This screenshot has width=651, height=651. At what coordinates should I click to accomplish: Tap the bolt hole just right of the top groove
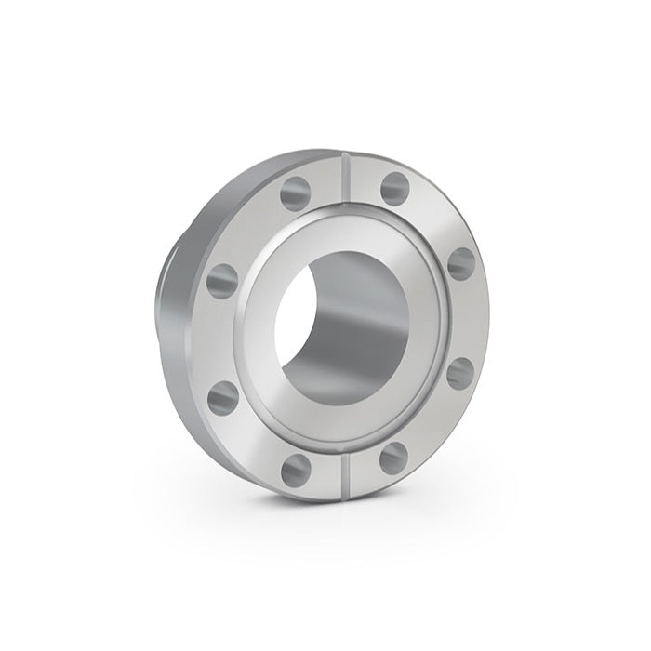[394, 185]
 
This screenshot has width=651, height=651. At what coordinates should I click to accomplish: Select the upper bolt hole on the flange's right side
[461, 262]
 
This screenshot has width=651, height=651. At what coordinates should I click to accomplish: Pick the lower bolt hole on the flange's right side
[460, 374]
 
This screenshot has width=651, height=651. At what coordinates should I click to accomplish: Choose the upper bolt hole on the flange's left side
[222, 280]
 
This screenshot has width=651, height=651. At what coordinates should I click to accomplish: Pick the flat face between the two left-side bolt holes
[217, 339]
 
